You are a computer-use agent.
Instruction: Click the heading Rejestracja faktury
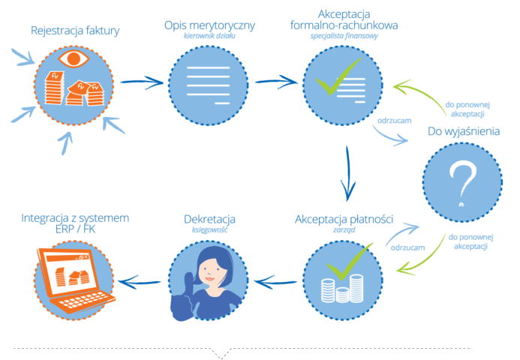pos(75,31)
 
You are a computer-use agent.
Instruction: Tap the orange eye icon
pos(74,58)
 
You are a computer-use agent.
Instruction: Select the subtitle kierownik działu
pos(209,36)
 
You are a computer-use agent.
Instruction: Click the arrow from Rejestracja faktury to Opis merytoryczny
pos(142,82)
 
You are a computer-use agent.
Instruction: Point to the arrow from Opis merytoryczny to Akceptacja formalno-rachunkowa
pos(277,82)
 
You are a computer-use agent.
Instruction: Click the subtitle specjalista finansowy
pos(344,36)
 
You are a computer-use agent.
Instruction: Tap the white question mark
pos(463,183)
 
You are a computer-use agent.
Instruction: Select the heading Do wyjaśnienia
pos(464,131)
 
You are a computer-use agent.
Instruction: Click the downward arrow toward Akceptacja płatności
pos(347,173)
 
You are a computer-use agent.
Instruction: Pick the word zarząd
pos(344,229)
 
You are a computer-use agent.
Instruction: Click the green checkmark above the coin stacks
pos(349,262)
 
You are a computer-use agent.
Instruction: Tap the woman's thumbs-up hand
pos(183,298)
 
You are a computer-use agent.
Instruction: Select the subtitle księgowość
pos(209,229)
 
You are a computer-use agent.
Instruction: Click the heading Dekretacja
pos(209,219)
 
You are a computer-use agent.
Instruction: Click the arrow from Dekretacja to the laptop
pos(140,282)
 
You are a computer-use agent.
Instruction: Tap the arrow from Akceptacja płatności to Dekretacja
pos(275,282)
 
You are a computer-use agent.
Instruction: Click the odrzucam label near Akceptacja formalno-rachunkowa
pos(394,121)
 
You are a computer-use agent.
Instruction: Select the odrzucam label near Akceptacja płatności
pos(407,247)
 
